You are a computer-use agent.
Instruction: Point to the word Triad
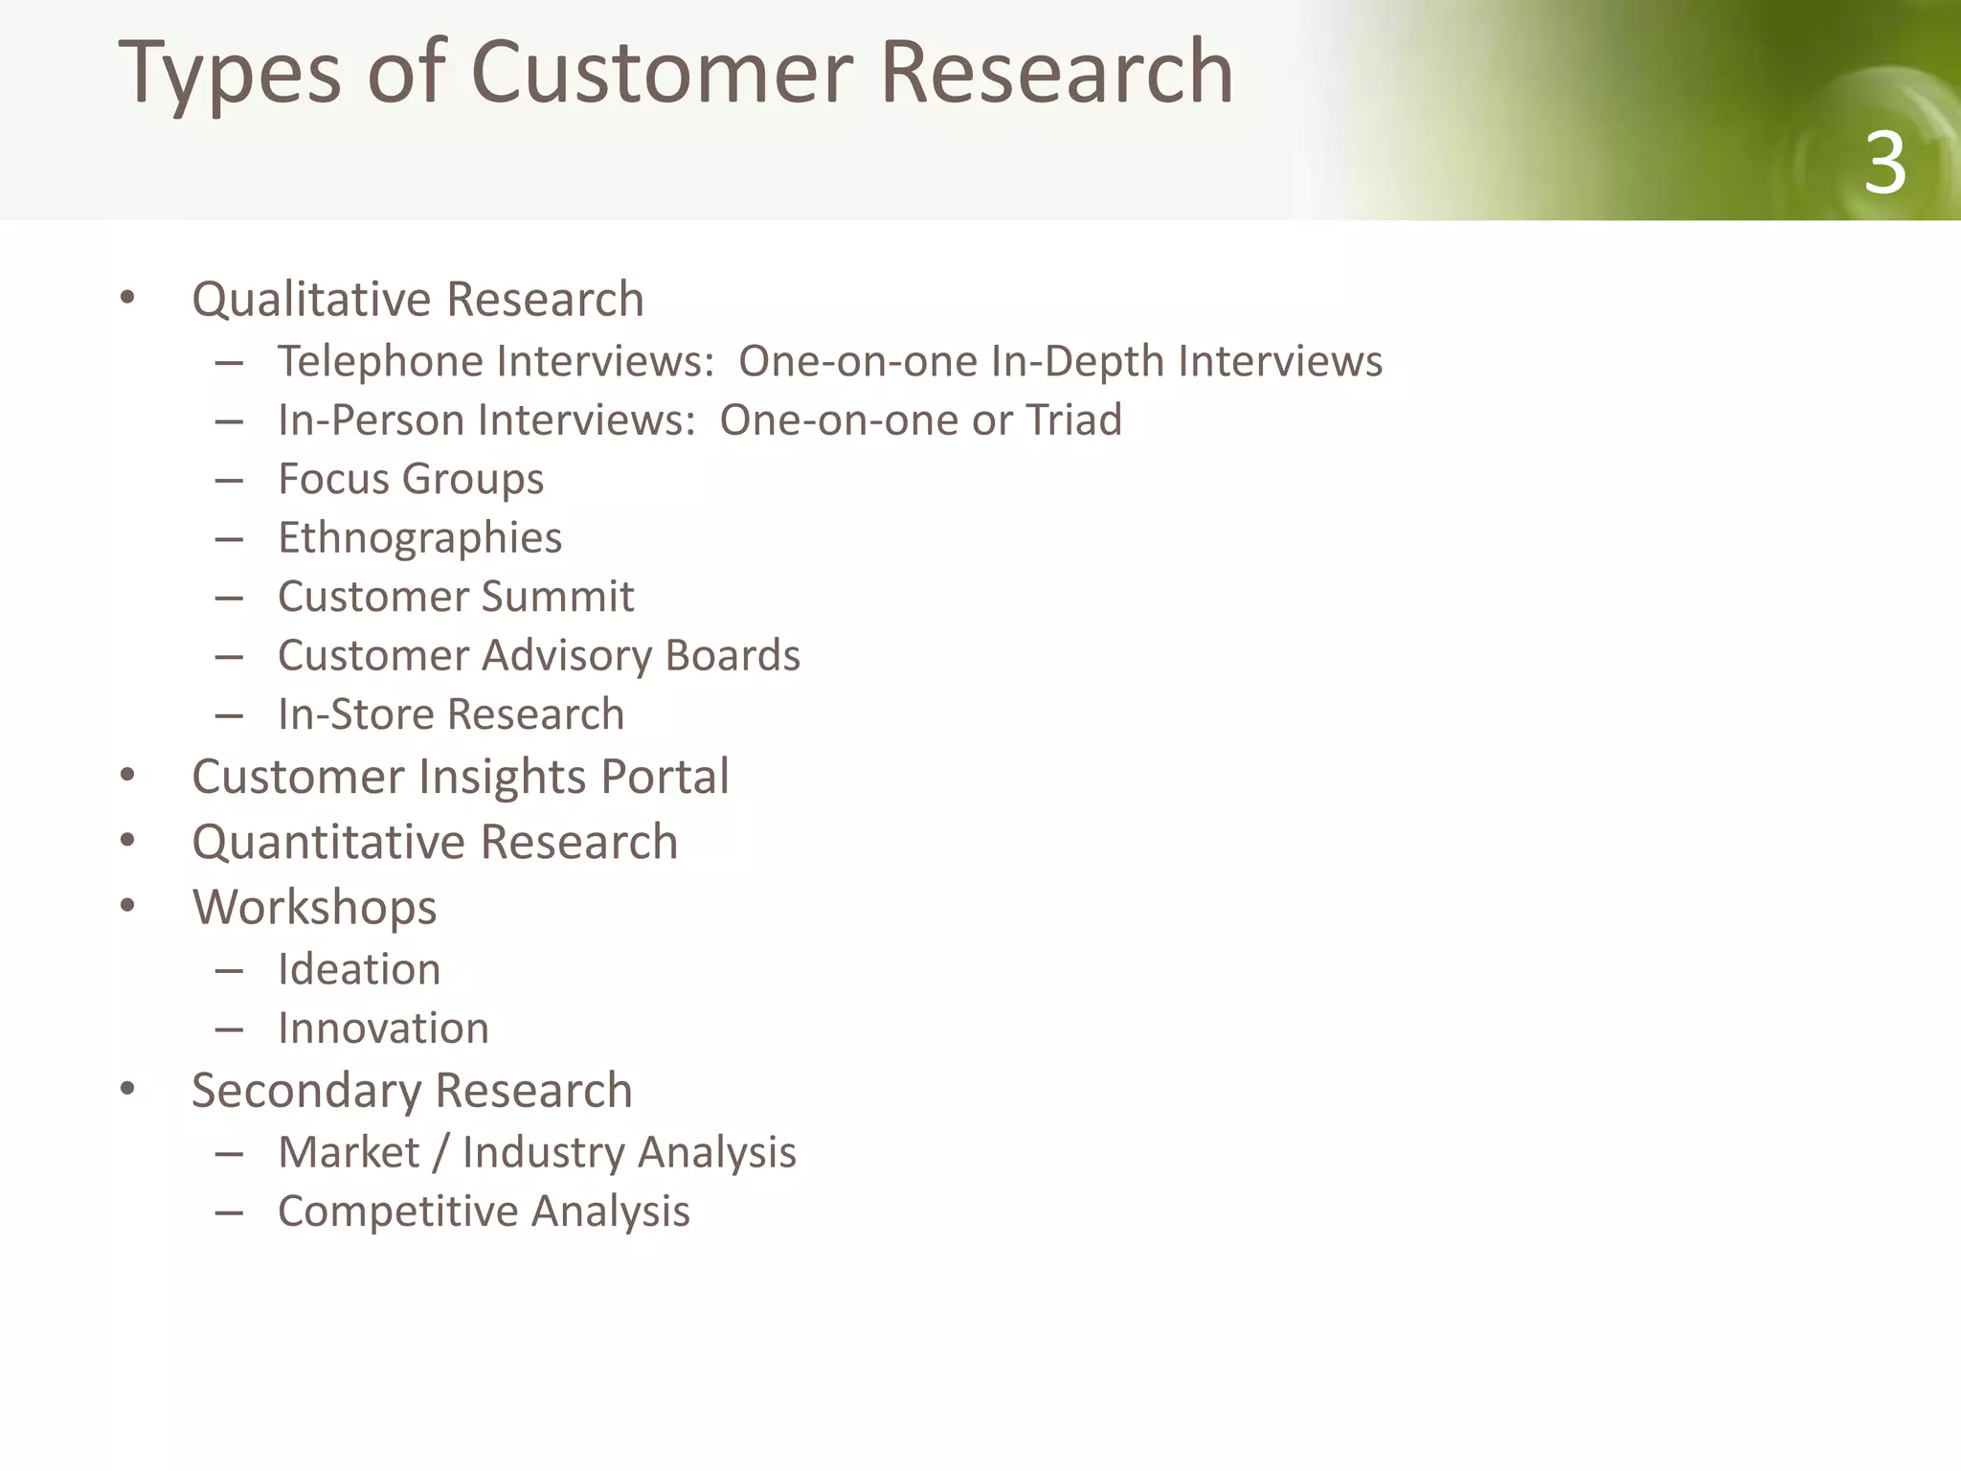[x=1073, y=420]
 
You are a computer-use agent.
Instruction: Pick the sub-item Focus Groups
[x=410, y=479]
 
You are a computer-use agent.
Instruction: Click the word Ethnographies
[x=419, y=538]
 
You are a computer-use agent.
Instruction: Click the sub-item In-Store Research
[x=450, y=714]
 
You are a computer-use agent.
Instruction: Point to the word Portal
[x=665, y=776]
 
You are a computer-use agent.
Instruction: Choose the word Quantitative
[x=328, y=842]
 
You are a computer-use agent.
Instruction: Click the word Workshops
[x=314, y=907]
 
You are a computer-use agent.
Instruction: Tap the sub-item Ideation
[x=359, y=969]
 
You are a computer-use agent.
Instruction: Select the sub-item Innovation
[x=383, y=1029]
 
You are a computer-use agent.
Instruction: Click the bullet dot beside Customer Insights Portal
[x=128, y=775]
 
